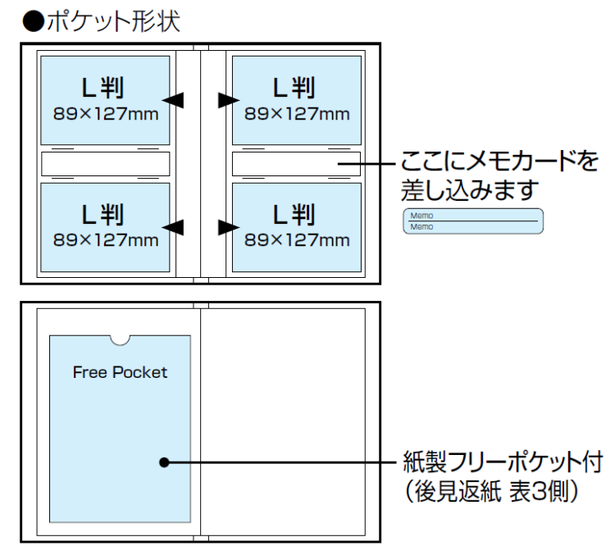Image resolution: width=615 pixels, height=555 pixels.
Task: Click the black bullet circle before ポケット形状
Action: tap(31, 20)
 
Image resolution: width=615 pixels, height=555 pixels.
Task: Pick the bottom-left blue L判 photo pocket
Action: tap(105, 227)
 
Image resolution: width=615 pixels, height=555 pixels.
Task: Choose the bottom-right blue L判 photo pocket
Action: tap(296, 227)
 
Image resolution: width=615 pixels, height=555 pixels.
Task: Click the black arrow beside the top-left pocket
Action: tap(173, 99)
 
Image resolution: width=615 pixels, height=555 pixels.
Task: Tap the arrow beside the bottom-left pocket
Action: tap(173, 225)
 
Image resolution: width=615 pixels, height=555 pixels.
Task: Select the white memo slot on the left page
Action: tap(105, 164)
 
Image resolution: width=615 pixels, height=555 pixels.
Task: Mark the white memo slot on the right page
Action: tap(296, 164)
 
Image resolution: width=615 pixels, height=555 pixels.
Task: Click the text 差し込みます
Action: tap(469, 191)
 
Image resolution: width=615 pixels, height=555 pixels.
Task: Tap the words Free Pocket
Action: tap(120, 372)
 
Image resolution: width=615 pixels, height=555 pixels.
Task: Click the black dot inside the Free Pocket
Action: tap(164, 462)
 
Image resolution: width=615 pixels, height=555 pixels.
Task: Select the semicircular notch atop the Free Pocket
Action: tap(121, 339)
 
